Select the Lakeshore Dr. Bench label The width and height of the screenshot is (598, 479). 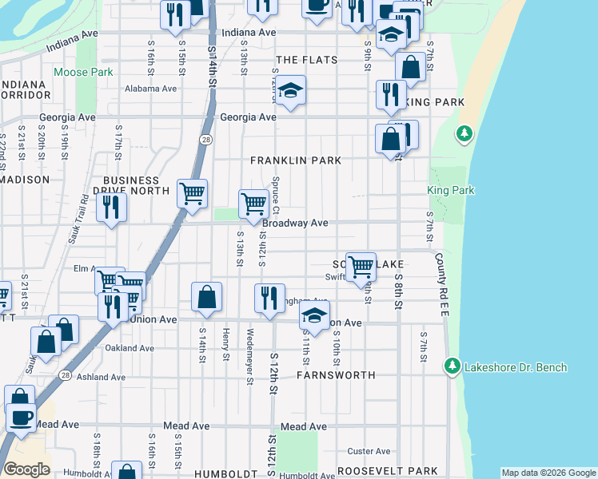click(x=518, y=367)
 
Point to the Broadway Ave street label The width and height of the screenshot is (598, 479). click(x=296, y=224)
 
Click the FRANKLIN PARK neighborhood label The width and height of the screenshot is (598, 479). click(x=296, y=160)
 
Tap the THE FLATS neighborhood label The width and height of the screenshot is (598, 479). click(x=306, y=60)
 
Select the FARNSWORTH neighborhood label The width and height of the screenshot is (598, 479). click(x=336, y=374)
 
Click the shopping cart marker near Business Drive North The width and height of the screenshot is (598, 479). click(x=192, y=193)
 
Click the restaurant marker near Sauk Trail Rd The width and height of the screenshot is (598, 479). click(x=111, y=207)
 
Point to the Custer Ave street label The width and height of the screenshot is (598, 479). click(x=373, y=452)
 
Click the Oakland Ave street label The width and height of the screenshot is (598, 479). click(x=130, y=348)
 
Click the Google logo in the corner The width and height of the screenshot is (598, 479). click(x=26, y=469)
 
